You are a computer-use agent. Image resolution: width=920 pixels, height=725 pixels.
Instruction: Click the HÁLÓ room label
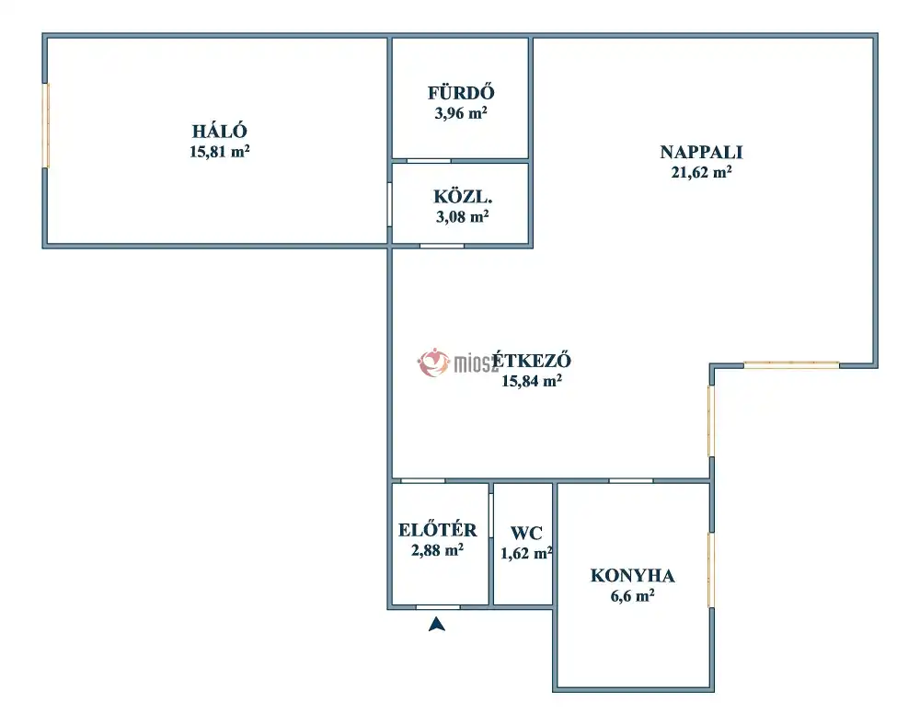[x=220, y=131]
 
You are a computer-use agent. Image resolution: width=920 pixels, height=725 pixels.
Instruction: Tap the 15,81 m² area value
[x=220, y=151]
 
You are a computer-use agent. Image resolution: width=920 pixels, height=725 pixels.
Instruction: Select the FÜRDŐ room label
[x=461, y=93]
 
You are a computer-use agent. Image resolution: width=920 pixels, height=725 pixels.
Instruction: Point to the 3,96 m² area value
[x=461, y=112]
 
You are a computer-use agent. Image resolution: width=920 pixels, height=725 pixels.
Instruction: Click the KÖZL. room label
[x=463, y=196]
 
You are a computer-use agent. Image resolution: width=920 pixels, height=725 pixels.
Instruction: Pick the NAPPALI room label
[x=701, y=152]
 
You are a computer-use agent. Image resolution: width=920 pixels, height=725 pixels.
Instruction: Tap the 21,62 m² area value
[x=701, y=172]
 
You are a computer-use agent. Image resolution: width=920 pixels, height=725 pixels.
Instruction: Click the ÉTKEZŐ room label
[x=532, y=360]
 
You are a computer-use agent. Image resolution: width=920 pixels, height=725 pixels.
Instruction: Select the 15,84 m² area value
[x=532, y=381]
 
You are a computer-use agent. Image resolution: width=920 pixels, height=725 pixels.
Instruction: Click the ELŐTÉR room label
[x=437, y=530]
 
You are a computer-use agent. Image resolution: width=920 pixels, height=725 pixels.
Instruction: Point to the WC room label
[x=526, y=534]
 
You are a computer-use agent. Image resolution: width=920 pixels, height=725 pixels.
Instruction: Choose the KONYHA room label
[x=633, y=575]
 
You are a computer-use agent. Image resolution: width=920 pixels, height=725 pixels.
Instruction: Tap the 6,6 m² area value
[x=633, y=596]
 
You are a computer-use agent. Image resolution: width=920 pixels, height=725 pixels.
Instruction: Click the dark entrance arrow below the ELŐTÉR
[x=436, y=624]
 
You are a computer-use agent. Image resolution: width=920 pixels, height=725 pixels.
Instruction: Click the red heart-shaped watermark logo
[x=433, y=362]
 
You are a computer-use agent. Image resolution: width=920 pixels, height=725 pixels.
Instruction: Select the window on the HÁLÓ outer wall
[x=46, y=125]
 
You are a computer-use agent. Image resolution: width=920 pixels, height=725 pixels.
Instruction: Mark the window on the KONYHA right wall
[x=711, y=570]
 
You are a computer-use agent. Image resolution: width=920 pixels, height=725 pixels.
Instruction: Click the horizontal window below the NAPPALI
[x=791, y=365]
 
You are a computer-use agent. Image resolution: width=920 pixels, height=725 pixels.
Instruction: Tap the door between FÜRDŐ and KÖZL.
[x=429, y=161]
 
